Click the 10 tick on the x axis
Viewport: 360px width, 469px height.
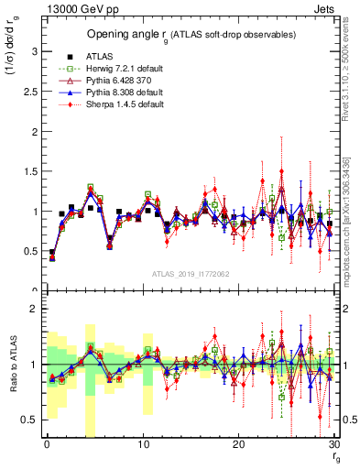pos(143,445)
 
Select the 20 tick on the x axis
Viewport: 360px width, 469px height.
pos(238,445)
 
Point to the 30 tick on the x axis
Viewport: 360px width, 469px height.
pos(333,445)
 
